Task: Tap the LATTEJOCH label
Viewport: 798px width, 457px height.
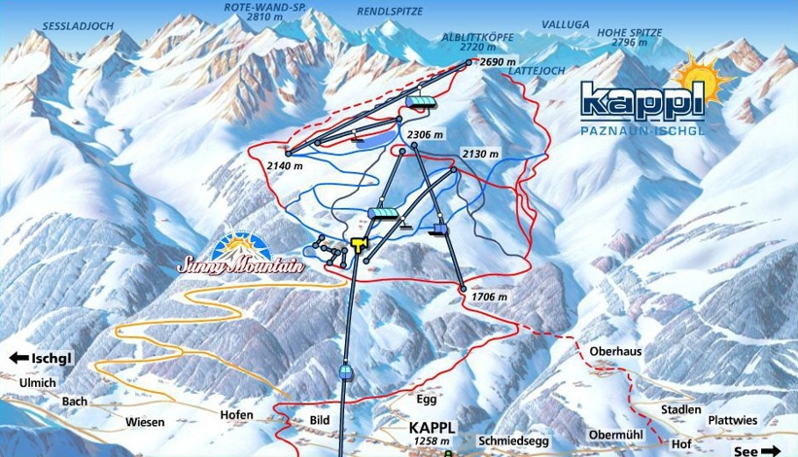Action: [x=536, y=71]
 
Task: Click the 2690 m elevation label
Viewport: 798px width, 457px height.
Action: [x=497, y=60]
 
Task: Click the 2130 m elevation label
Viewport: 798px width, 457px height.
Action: [x=480, y=154]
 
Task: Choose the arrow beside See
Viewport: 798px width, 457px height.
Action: [x=776, y=451]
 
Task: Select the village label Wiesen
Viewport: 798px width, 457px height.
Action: [x=144, y=422]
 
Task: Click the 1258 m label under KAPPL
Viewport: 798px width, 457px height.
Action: [x=430, y=441]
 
